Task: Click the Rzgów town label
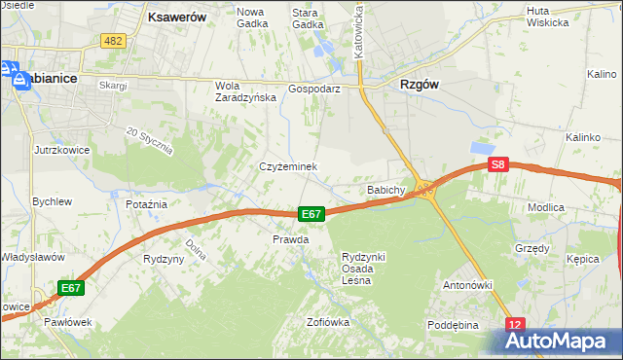coord(420,85)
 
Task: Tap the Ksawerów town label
coord(175,17)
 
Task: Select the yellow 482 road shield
coord(113,40)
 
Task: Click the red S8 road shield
coord(498,165)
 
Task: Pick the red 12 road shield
coord(515,324)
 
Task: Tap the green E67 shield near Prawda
coord(311,214)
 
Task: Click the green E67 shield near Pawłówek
coord(70,288)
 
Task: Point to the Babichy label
coord(385,190)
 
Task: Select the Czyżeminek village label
coord(288,166)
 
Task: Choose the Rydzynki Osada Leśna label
coord(363,268)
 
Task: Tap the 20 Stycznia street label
coord(149,140)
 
